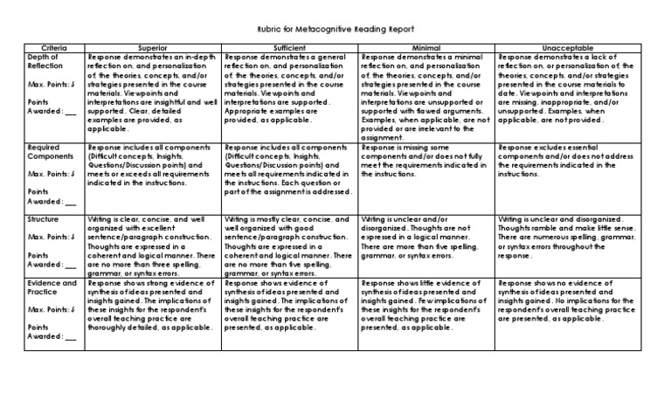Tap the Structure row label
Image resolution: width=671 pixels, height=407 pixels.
pyautogui.click(x=44, y=218)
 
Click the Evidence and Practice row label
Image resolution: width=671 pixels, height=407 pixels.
pyautogui.click(x=52, y=288)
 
